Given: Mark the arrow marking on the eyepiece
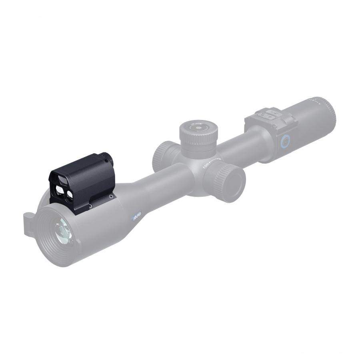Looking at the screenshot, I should tap(316, 102).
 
